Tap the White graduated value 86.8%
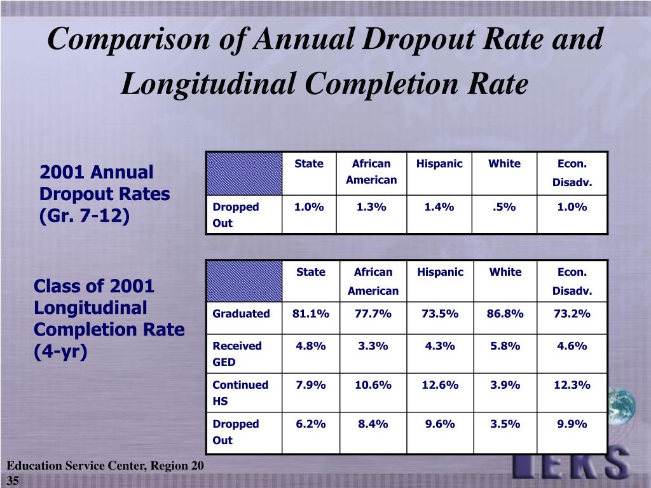(505, 314)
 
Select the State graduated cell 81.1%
(310, 314)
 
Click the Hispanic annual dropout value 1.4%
(439, 207)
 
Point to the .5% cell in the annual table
(504, 207)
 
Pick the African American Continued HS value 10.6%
(373, 385)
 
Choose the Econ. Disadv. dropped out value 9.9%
(572, 424)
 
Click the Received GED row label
(237, 354)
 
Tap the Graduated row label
(241, 314)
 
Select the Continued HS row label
(240, 393)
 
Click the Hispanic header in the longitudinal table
(440, 272)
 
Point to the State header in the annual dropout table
(309, 163)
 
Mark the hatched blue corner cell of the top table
(244, 173)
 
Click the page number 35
(13, 480)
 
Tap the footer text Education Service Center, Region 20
(106, 466)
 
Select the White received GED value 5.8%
(505, 346)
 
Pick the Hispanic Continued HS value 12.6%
(440, 385)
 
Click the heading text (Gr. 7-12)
(85, 216)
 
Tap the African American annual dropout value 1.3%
(371, 207)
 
